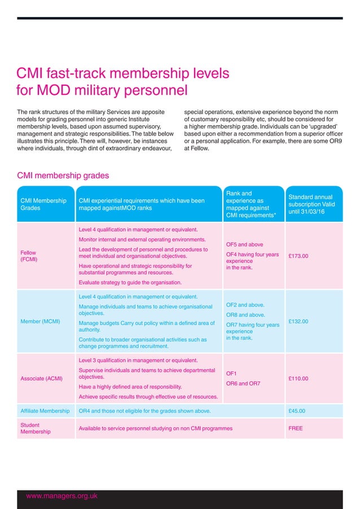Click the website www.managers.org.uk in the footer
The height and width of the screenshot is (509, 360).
click(62, 495)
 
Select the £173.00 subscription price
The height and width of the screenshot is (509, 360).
click(298, 255)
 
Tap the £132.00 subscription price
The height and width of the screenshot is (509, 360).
click(298, 322)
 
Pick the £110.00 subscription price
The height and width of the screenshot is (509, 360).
click(298, 378)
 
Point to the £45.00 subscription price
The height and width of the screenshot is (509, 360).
click(297, 410)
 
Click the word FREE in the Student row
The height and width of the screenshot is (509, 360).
click(296, 428)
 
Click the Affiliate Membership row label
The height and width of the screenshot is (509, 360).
click(45, 410)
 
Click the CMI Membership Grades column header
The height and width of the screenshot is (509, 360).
click(43, 204)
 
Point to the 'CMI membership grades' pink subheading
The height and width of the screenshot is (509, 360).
click(63, 175)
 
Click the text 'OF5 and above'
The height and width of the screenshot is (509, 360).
click(244, 245)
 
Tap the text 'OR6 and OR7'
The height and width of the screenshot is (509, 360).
click(244, 384)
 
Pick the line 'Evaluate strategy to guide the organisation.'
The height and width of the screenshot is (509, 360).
click(130, 282)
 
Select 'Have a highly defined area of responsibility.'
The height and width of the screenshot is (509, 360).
click(130, 387)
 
